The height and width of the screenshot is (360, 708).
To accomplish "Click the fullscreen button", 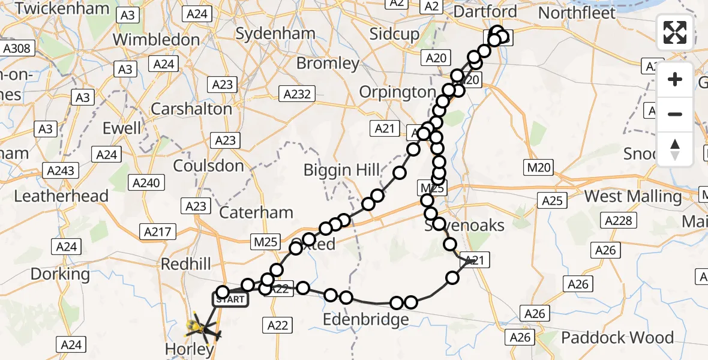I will click(675, 32).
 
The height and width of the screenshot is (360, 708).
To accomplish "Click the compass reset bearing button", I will click(675, 149).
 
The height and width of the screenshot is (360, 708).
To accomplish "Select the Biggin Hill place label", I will click(342, 170).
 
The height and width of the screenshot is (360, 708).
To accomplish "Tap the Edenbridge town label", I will click(366, 320).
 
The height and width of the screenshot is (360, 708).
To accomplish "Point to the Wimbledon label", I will click(156, 40).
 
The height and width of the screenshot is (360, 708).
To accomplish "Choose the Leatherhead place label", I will click(61, 196).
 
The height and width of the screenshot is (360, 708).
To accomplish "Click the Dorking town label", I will click(60, 274).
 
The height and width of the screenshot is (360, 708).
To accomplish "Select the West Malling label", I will click(632, 196).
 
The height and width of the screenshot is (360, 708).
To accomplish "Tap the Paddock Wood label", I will click(617, 338).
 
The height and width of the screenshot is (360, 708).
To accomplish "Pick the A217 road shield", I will click(157, 231).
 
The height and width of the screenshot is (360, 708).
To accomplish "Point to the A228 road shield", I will click(619, 221).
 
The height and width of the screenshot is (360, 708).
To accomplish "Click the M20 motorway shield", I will click(538, 169).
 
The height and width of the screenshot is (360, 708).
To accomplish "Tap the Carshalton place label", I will click(191, 109).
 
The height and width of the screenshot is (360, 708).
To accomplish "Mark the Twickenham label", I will click(63, 8).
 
